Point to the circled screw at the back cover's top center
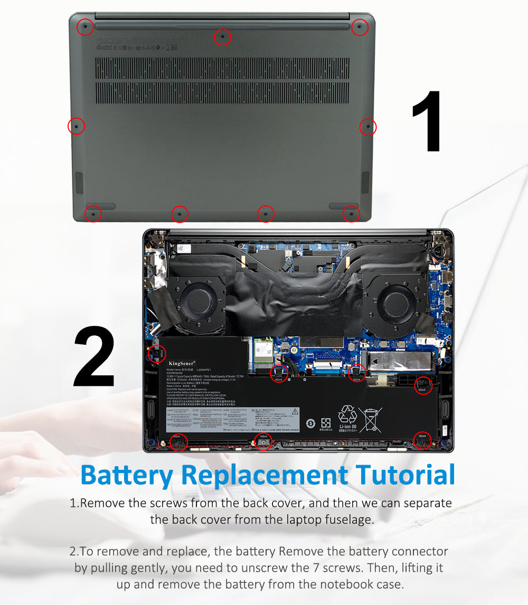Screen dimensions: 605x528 [222, 37]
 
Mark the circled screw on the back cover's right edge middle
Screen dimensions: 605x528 [367, 127]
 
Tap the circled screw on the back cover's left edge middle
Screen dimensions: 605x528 [76, 126]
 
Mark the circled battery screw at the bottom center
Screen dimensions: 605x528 [263, 441]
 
